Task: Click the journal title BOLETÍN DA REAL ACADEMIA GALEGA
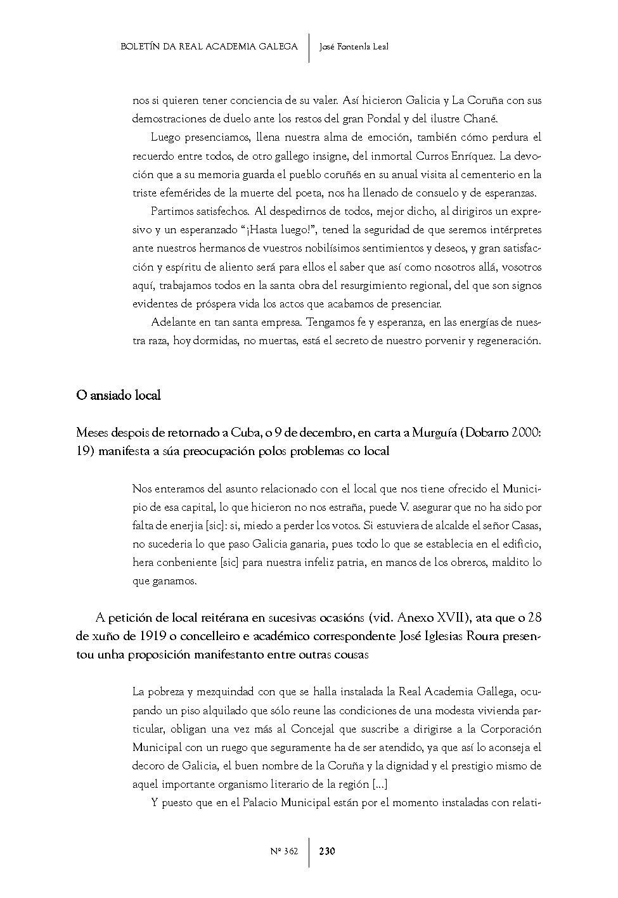click(x=209, y=47)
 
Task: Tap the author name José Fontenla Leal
click(x=353, y=47)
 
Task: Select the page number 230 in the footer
click(x=327, y=851)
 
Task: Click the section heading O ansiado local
click(x=119, y=395)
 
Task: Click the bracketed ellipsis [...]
click(x=380, y=785)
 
